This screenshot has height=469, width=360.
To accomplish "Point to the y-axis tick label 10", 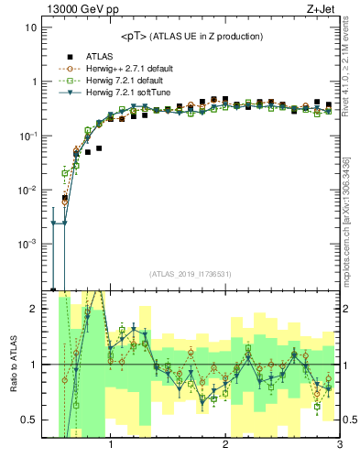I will click(x=30, y=27).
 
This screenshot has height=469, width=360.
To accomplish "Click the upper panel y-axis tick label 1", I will click(x=33, y=82).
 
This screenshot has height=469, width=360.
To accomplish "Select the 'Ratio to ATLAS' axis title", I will click(x=12, y=364).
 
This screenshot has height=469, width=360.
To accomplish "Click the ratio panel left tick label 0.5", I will click(x=29, y=420).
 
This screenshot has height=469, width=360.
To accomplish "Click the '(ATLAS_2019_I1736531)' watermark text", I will click(x=190, y=274).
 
